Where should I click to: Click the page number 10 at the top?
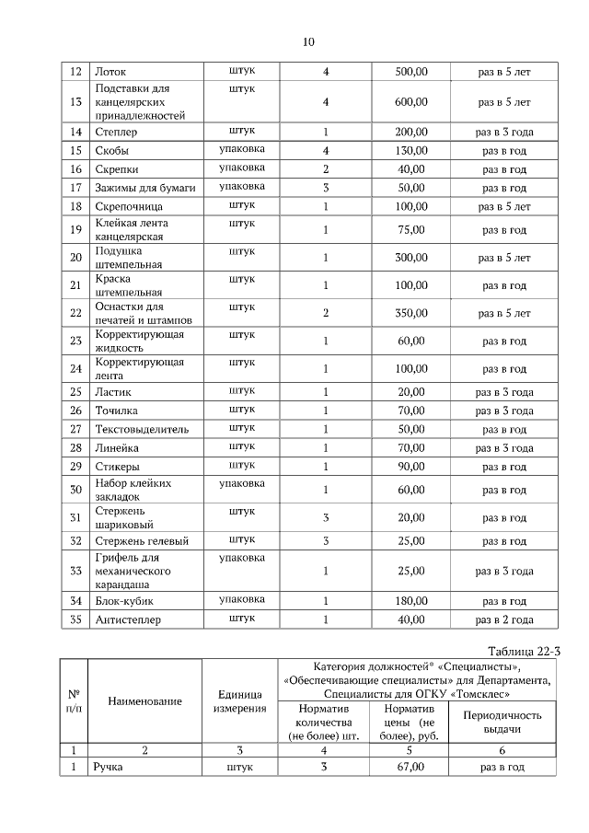(308, 41)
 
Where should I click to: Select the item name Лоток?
(110, 71)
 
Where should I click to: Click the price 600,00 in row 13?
(410, 101)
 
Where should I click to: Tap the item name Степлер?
(117, 132)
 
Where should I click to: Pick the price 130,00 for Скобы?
(410, 150)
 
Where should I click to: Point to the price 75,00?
(410, 230)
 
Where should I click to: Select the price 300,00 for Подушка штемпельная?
(410, 258)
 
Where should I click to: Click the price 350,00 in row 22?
(410, 313)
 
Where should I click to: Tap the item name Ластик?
(114, 392)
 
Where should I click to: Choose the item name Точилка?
(117, 411)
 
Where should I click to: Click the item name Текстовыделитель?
(142, 429)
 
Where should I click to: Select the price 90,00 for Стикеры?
(410, 467)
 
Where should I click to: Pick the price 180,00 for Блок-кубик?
(410, 601)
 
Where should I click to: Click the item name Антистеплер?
(128, 619)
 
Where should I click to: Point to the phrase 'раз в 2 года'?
(503, 619)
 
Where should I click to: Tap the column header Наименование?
(144, 701)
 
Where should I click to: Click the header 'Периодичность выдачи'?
(502, 722)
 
